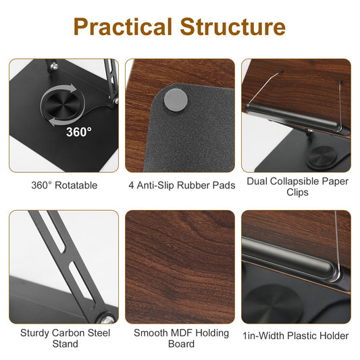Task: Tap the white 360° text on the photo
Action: point(79,132)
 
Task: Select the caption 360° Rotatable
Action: point(64,185)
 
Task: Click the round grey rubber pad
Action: point(176,98)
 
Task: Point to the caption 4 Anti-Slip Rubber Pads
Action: point(181,185)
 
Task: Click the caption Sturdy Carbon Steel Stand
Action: point(65,338)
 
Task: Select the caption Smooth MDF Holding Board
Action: point(180,338)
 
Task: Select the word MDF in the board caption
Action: point(180,332)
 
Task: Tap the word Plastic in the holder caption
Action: point(299,336)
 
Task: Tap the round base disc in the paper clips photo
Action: point(317,156)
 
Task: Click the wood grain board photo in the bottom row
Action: point(180,266)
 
